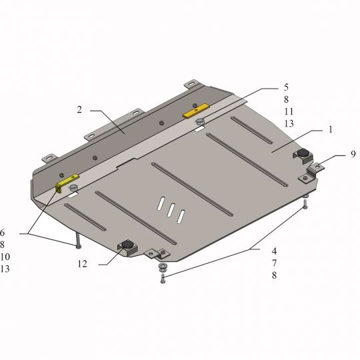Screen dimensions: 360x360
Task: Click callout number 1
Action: click(x=331, y=130)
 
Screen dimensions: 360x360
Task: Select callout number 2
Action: click(x=79, y=110)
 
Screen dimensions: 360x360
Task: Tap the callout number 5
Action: click(x=286, y=87)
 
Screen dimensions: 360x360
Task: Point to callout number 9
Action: click(x=353, y=154)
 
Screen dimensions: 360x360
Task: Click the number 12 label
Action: click(x=83, y=264)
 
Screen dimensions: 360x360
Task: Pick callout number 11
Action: click(x=289, y=111)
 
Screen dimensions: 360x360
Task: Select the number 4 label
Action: click(x=275, y=251)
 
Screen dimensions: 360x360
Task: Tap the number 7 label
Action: click(x=275, y=263)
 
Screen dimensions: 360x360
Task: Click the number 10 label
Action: click(x=5, y=257)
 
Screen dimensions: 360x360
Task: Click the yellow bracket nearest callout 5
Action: click(x=196, y=111)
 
